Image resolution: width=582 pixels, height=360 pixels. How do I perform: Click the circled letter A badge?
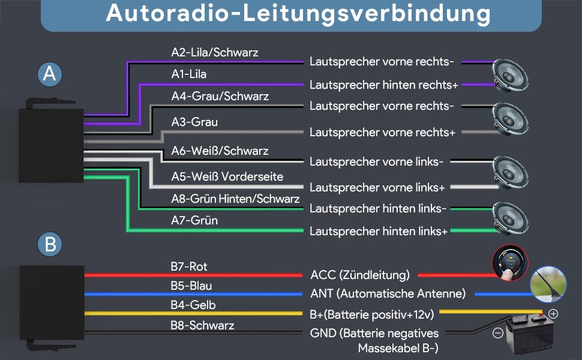(x=50, y=74)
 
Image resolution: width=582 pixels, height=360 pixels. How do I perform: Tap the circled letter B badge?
(x=50, y=244)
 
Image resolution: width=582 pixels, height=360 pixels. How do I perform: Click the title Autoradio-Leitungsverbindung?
(x=298, y=13)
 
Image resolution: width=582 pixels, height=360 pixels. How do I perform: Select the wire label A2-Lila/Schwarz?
(x=215, y=52)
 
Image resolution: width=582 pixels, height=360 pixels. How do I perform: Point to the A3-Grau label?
(x=194, y=122)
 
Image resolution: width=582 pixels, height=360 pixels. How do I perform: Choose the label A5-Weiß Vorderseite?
(x=227, y=176)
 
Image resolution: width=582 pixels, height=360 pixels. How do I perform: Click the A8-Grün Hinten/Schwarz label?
(x=235, y=199)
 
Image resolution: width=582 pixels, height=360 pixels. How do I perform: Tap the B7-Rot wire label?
(x=189, y=266)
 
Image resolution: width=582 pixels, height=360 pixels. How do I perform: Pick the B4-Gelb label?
(x=193, y=305)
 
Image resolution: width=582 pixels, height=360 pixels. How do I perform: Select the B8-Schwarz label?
(x=202, y=325)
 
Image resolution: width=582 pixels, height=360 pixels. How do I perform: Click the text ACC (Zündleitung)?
(x=360, y=275)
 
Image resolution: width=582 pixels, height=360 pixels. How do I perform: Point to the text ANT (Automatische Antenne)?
(x=388, y=293)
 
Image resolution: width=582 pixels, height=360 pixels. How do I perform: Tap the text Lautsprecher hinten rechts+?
(x=384, y=85)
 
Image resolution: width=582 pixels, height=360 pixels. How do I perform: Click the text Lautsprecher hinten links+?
(x=379, y=232)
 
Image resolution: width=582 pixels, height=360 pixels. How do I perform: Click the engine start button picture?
(x=510, y=262)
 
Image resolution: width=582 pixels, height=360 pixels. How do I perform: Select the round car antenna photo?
(x=548, y=284)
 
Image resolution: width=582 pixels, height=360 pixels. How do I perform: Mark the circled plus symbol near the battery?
(x=553, y=314)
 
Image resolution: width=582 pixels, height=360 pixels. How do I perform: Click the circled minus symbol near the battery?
(x=498, y=333)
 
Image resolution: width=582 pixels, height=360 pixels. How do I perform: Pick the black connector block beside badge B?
(x=52, y=302)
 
